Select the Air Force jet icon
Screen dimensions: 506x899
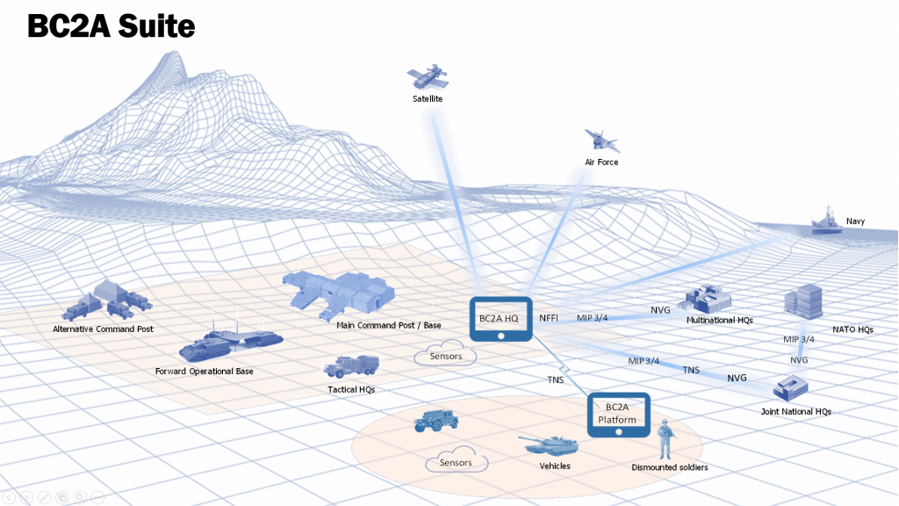tap(602, 140)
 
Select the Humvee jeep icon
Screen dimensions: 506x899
tap(436, 422)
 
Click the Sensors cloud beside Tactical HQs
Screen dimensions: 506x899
tap(445, 357)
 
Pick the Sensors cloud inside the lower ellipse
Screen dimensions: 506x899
tap(456, 462)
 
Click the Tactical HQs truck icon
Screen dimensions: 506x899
tap(351, 367)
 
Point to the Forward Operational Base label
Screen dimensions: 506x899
tap(205, 372)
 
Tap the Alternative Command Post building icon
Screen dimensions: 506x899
tap(104, 301)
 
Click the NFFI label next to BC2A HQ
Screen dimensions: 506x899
tap(549, 317)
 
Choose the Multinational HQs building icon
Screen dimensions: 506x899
tap(705, 300)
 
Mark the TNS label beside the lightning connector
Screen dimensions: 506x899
tap(556, 379)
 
